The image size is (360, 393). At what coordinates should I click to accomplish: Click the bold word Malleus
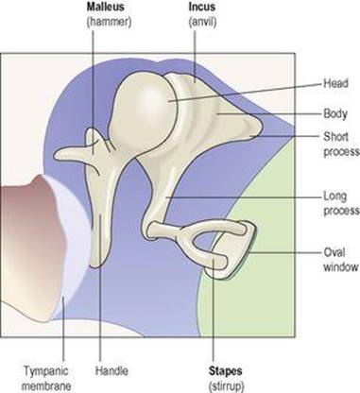(x=106, y=7)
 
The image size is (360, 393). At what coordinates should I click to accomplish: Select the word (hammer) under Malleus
(x=109, y=22)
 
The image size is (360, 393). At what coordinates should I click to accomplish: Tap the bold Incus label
(x=201, y=7)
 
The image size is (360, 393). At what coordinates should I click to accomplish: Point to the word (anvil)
(x=202, y=22)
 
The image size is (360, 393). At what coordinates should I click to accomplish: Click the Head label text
(x=336, y=84)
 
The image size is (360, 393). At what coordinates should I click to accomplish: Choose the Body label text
(x=335, y=113)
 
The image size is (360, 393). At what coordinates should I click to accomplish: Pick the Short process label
(x=341, y=144)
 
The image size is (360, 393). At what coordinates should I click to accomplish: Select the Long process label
(x=341, y=203)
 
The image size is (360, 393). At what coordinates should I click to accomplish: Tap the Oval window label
(x=341, y=260)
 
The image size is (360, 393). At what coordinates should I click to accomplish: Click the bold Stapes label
(x=226, y=370)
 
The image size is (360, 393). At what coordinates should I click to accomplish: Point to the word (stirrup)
(x=226, y=386)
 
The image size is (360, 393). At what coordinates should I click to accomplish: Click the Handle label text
(x=111, y=370)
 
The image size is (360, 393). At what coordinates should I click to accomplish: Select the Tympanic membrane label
(x=47, y=378)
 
